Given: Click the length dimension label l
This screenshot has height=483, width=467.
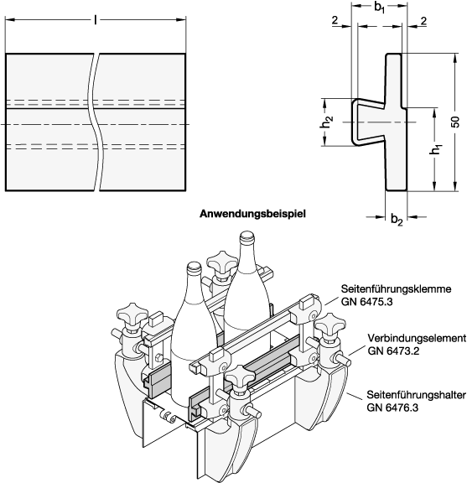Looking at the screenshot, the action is tap(96, 20).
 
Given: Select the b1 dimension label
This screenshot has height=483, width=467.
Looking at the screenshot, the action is tap(380, 7).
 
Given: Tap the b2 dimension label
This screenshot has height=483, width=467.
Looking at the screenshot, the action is tap(397, 220).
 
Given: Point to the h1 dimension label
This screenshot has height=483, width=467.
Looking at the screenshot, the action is tap(436, 149).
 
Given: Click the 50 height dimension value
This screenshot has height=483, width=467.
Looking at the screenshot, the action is tap(455, 122).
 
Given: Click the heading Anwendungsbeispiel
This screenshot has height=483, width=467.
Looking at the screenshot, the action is tap(253, 214).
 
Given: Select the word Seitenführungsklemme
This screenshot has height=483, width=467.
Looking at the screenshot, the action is tap(396, 288).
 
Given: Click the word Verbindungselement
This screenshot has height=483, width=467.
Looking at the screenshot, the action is tap(417, 338).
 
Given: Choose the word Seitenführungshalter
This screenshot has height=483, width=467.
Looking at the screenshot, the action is tap(416, 395).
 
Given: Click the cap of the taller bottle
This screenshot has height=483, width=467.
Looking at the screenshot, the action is tap(246, 236).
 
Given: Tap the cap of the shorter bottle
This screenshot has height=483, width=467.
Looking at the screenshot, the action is tap(194, 267).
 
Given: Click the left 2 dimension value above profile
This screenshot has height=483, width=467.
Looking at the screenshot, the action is tap(335, 20).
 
